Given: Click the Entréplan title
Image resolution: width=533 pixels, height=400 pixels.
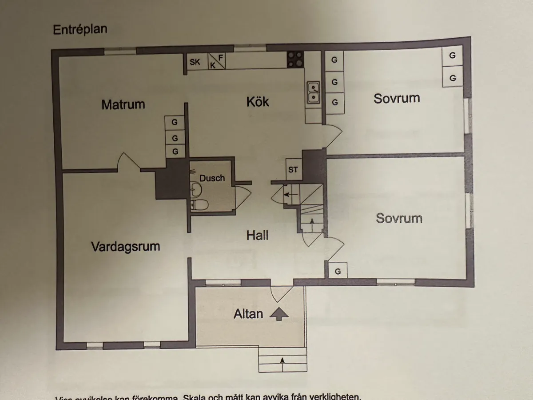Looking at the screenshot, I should coord(80,30).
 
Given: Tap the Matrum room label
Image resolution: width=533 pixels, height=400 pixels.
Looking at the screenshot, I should coord(123,105).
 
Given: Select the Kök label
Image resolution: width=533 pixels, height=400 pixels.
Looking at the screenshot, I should coord(258,102).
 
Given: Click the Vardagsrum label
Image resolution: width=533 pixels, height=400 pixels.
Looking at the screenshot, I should coord(125,246).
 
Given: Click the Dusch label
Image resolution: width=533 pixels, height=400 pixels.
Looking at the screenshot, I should coord(212,178).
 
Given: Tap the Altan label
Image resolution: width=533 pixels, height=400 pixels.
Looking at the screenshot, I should coord(248,314).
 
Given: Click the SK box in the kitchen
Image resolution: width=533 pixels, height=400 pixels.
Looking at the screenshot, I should coord(195,62).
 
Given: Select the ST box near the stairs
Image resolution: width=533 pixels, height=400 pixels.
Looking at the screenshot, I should coord(293,169).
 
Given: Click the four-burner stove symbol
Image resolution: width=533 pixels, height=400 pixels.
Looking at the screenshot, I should coord(295,59).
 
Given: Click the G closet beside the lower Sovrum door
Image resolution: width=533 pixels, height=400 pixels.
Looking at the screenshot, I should coord(338,271).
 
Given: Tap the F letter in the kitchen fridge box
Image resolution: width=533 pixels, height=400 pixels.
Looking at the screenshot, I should coord(221,58).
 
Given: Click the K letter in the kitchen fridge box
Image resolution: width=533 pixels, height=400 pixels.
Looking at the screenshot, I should coord(213,65).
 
